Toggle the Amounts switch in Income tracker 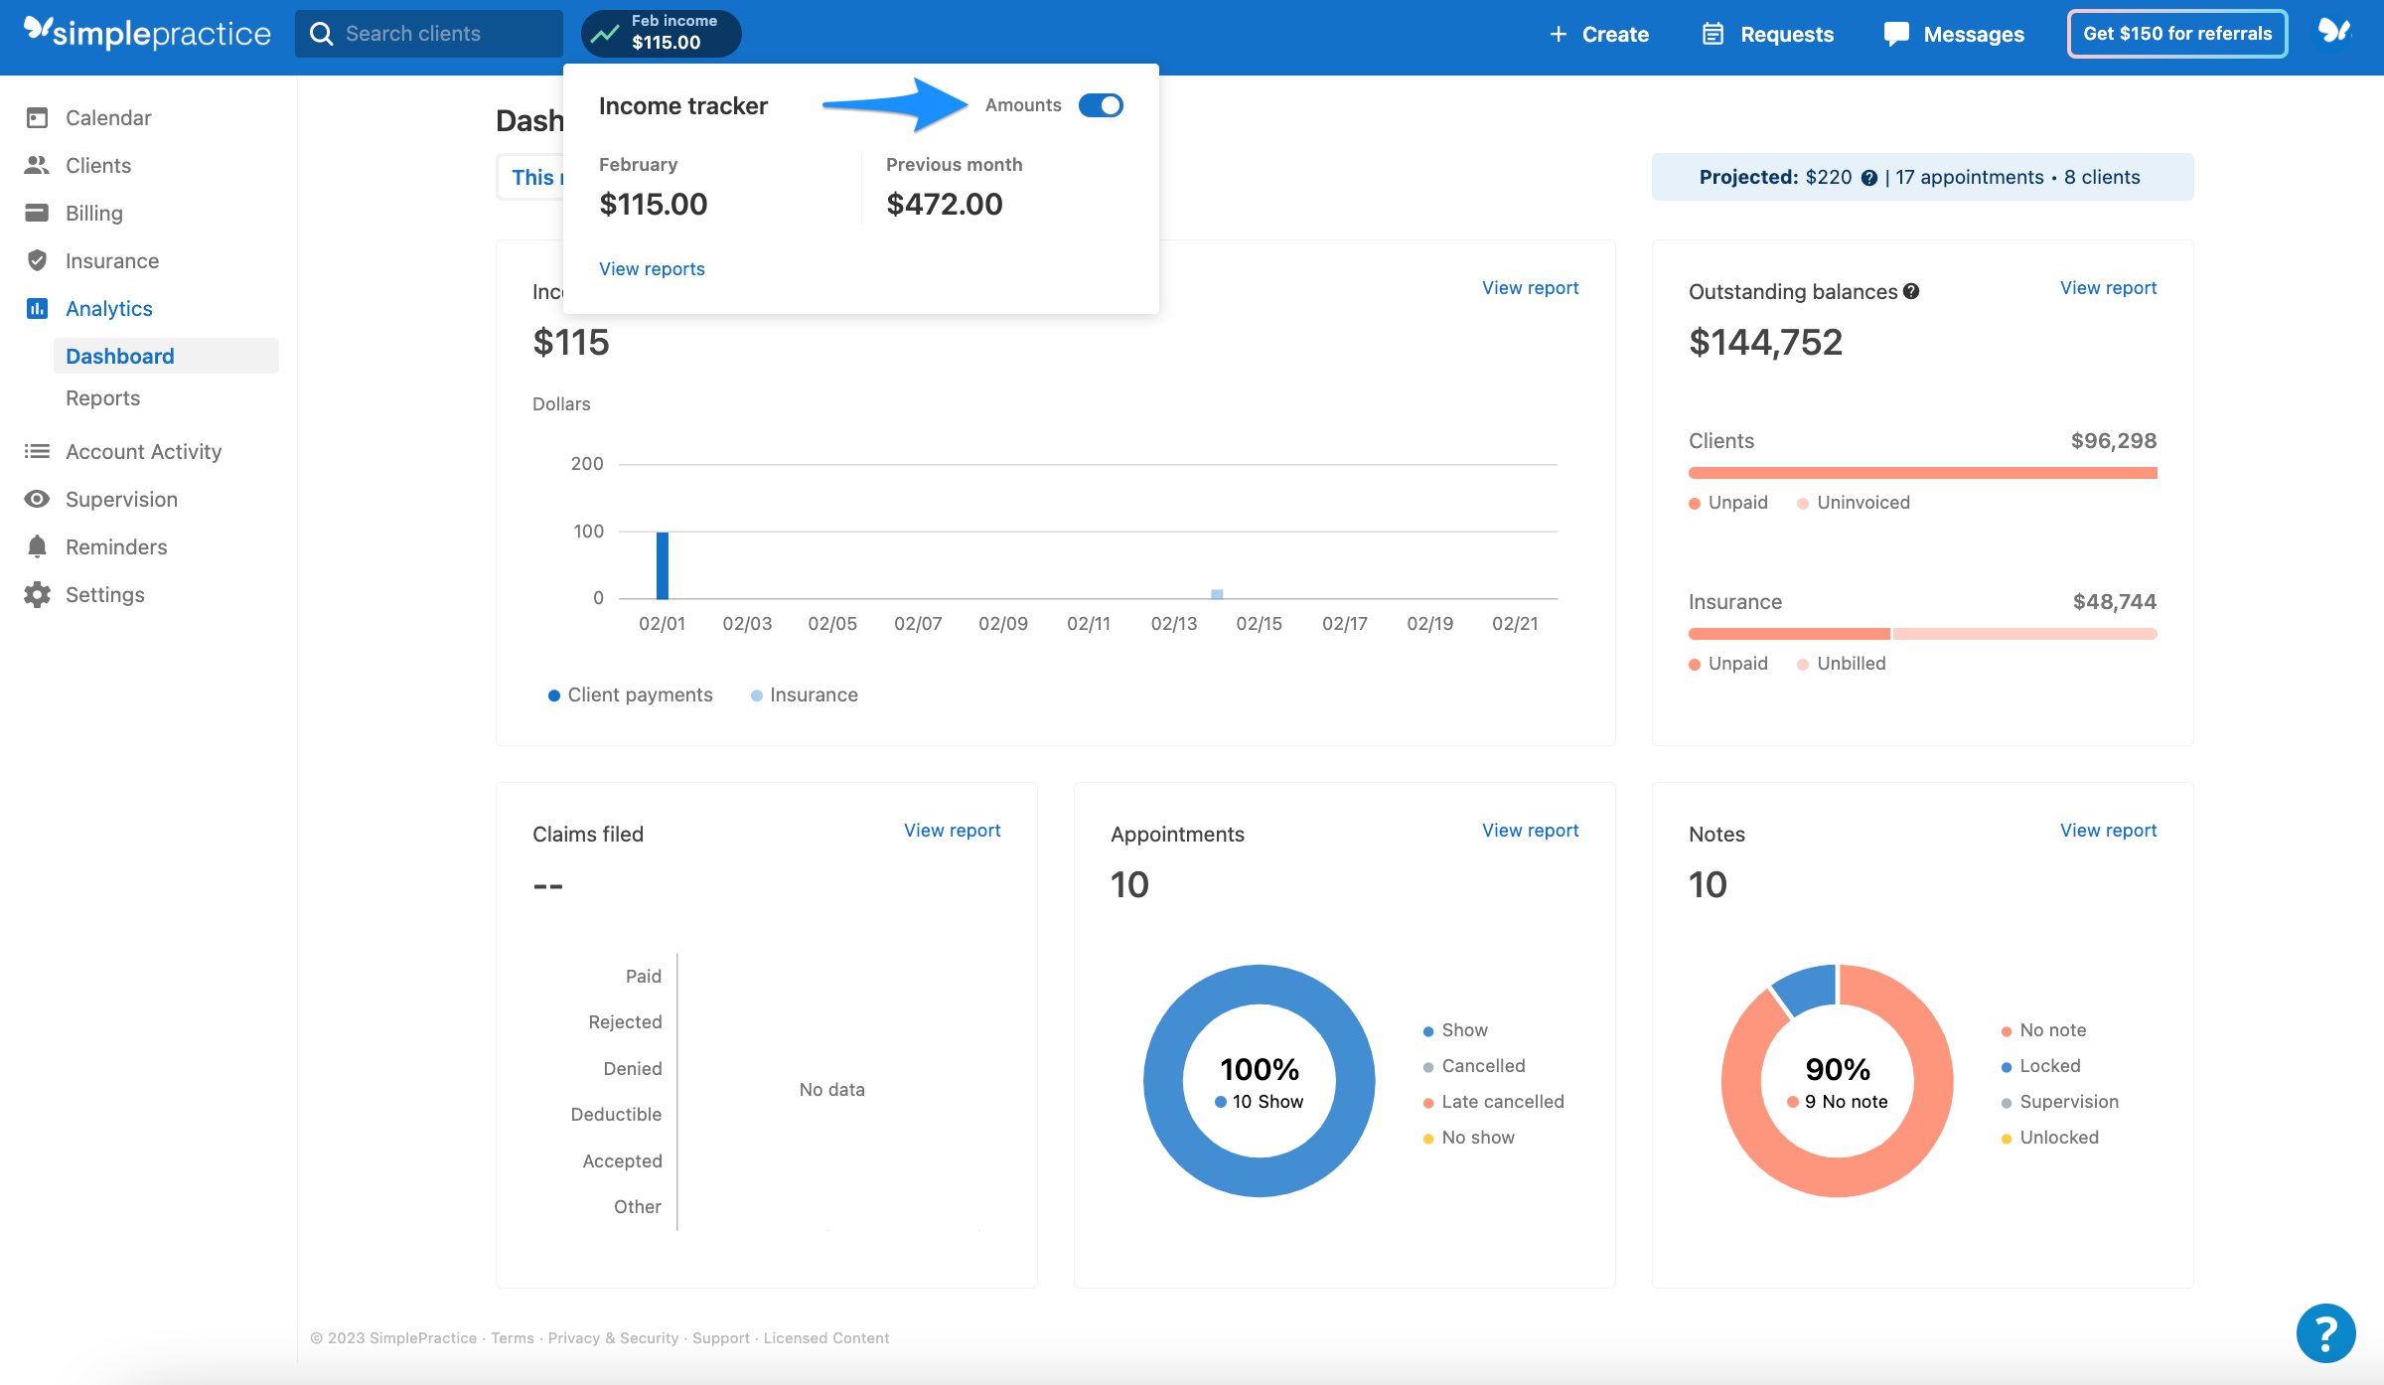click(x=1101, y=105)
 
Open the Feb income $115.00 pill click(x=661, y=34)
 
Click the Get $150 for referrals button click(x=2177, y=34)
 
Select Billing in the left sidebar click(x=93, y=214)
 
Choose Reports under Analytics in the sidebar click(x=102, y=398)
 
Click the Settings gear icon click(x=38, y=595)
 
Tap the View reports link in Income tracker click(x=652, y=269)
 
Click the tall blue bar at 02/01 click(x=663, y=565)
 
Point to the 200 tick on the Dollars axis click(x=587, y=464)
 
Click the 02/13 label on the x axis click(x=1174, y=624)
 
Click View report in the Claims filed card click(x=952, y=831)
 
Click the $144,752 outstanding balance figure click(x=1765, y=343)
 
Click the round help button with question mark click(x=2325, y=1333)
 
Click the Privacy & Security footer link click(x=613, y=1338)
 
